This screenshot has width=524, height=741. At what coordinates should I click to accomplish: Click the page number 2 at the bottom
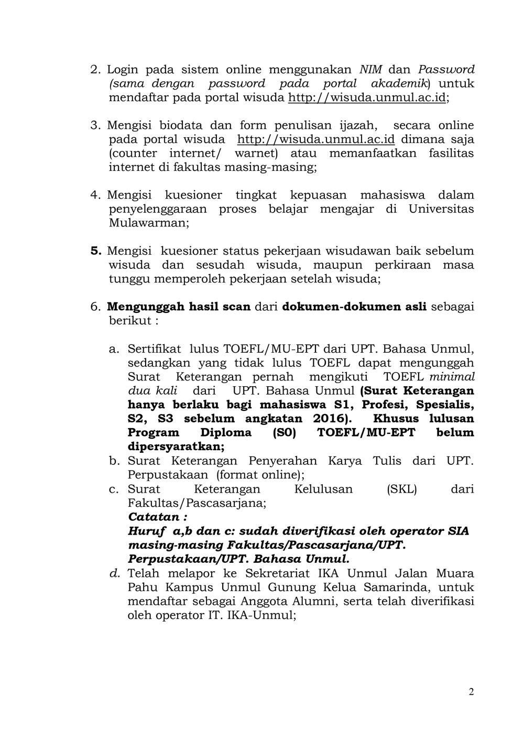471,692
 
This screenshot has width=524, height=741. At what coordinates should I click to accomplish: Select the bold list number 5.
95,251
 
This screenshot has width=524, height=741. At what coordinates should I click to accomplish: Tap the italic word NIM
370,69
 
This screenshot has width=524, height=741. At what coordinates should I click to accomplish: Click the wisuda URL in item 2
367,97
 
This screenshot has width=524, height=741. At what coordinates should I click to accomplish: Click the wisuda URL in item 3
315,139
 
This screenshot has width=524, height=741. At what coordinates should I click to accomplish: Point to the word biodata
181,125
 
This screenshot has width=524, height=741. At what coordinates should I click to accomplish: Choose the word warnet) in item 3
256,154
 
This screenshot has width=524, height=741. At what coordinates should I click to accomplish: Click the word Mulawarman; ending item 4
149,223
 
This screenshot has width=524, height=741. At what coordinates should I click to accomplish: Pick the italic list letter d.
115,573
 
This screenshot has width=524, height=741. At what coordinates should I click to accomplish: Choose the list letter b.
114,461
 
